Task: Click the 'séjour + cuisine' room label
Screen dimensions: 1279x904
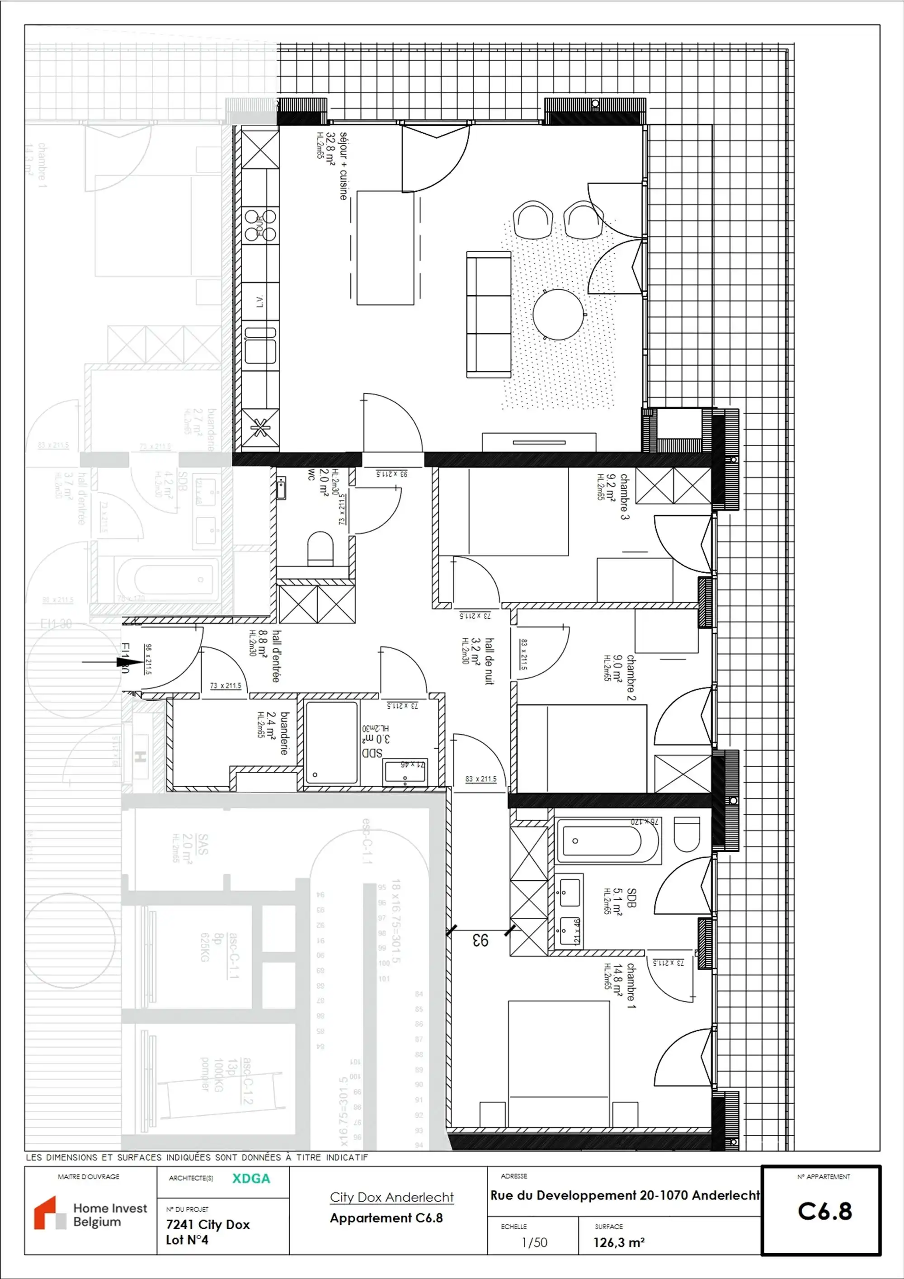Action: pyautogui.click(x=343, y=166)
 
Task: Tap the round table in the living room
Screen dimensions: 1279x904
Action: pyautogui.click(x=558, y=314)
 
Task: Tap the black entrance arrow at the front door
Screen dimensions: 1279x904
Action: pyautogui.click(x=124, y=662)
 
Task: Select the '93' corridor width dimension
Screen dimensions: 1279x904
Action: pyautogui.click(x=480, y=940)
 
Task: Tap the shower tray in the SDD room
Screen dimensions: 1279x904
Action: pyautogui.click(x=331, y=742)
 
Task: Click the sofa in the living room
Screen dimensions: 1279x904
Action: pyautogui.click(x=488, y=315)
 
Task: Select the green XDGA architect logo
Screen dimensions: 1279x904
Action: pyautogui.click(x=251, y=1178)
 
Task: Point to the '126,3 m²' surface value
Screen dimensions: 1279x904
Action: pyautogui.click(x=619, y=1242)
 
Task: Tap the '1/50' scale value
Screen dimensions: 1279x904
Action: pyautogui.click(x=534, y=1242)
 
